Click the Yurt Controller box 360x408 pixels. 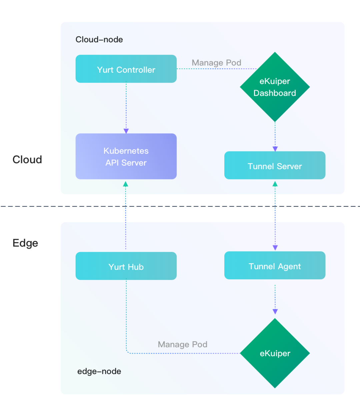click(x=126, y=69)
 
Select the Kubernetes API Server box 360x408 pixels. click(x=126, y=156)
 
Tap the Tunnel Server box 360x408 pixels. click(x=275, y=165)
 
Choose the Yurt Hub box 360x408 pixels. click(x=126, y=266)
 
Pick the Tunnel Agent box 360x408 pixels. click(x=275, y=265)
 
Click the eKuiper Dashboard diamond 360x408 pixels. click(x=275, y=87)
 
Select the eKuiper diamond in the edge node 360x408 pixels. click(x=275, y=353)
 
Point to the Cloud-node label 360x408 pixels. click(x=99, y=39)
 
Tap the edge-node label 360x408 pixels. click(x=99, y=371)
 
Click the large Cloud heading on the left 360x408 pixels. click(x=27, y=159)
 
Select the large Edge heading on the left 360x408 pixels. click(x=25, y=243)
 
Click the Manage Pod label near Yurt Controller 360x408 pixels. click(x=216, y=63)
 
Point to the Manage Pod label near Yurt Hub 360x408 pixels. click(x=182, y=345)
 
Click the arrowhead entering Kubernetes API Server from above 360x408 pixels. click(x=126, y=131)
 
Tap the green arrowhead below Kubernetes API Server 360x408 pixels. click(x=126, y=184)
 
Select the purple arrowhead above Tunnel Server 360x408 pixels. click(x=275, y=149)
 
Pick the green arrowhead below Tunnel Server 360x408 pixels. click(x=275, y=184)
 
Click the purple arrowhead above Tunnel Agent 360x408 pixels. click(x=275, y=248)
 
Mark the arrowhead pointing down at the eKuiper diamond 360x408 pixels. click(x=275, y=312)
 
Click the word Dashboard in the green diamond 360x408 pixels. click(x=275, y=93)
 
